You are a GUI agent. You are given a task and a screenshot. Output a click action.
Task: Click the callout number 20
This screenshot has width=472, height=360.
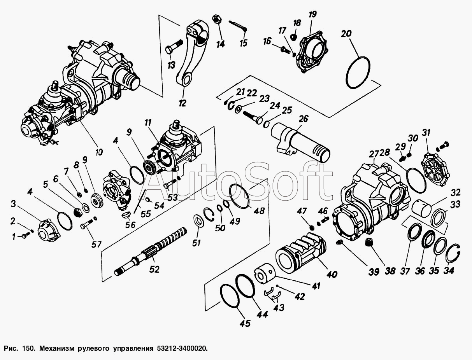pyautogui.click(x=346, y=34)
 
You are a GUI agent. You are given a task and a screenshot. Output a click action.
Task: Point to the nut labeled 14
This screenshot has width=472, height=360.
pyautogui.click(x=216, y=19)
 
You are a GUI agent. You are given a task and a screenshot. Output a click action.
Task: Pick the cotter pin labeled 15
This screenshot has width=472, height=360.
pyautogui.click(x=238, y=25)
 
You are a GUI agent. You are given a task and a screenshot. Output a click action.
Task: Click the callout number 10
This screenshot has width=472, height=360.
pyautogui.click(x=99, y=152)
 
